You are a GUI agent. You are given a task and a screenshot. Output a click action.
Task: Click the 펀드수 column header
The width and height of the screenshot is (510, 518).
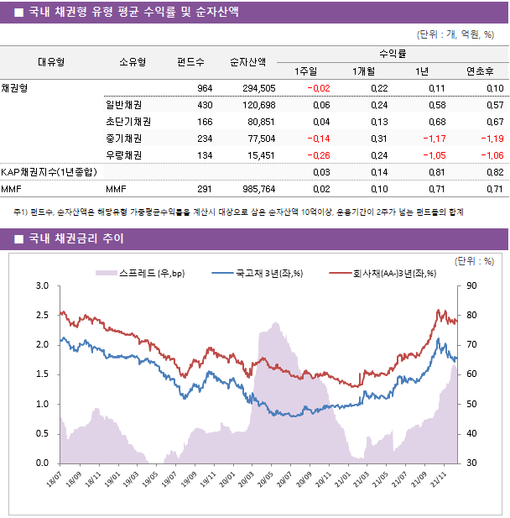click(190, 61)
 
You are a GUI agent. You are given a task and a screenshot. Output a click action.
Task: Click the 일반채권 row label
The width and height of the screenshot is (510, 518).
click(123, 105)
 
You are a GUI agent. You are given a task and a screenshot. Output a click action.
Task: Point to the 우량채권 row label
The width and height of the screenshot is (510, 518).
click(123, 155)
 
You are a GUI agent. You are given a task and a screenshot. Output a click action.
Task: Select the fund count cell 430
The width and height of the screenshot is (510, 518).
click(204, 105)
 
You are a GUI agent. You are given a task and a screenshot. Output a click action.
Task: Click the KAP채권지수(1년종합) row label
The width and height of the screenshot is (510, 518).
click(49, 172)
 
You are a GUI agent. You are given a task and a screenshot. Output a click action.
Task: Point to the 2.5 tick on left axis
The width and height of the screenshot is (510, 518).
click(42, 316)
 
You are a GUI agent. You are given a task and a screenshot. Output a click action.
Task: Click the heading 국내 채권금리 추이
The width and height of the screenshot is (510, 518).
click(76, 239)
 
